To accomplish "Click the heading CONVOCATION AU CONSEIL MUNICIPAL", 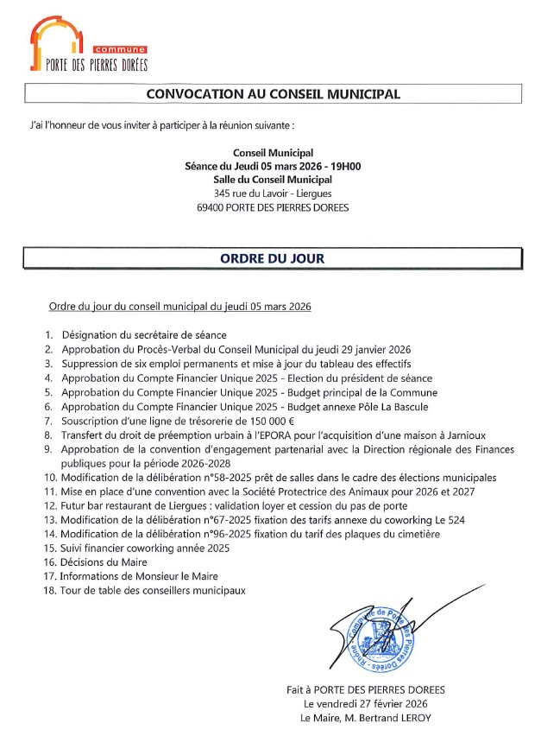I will (273, 93).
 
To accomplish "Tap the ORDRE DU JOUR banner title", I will (273, 257).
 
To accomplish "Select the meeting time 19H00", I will (343, 166).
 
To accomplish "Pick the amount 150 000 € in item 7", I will (246, 421).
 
